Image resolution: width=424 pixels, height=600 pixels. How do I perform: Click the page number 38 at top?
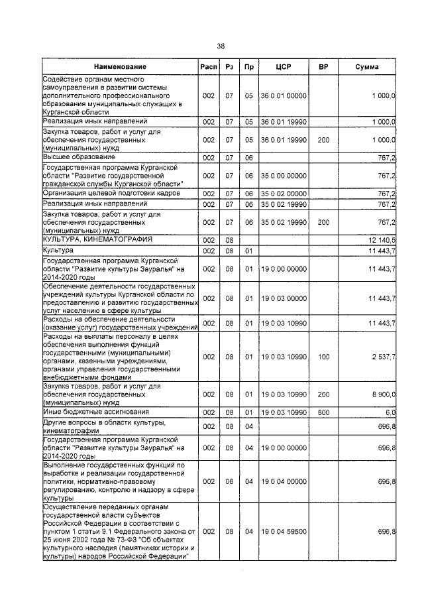tap(221, 46)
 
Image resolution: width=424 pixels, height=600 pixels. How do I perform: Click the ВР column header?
tap(323, 67)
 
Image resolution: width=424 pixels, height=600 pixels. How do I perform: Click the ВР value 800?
tap(323, 412)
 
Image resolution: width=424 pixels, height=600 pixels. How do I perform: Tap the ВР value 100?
tap(323, 357)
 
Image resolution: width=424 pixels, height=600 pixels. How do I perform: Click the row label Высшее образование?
tap(79, 157)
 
